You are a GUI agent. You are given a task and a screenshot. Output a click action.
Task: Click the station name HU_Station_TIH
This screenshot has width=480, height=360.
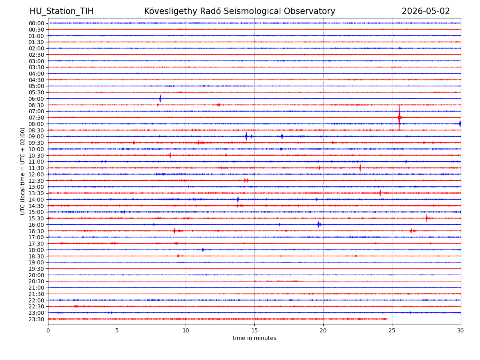pos(62,11)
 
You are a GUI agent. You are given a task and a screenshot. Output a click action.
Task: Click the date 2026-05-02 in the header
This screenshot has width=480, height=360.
pos(426,11)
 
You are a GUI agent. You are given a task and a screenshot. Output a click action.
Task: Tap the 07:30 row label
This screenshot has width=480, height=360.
pos(36,118)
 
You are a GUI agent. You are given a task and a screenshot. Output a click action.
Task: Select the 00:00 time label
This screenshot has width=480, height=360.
pos(36,23)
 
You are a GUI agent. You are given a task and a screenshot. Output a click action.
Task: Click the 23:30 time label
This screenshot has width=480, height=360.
pos(36,319)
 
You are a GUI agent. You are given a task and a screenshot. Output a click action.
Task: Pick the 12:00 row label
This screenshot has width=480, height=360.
pos(36,174)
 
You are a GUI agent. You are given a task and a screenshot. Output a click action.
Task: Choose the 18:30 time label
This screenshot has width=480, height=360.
pos(36,256)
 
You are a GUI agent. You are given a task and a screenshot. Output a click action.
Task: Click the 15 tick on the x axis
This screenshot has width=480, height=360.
pos(254,330)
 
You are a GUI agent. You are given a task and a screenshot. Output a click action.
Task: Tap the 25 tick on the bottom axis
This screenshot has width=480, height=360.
pos(392,330)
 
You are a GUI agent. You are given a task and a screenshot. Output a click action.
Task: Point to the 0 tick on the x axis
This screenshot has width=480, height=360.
pos(48,330)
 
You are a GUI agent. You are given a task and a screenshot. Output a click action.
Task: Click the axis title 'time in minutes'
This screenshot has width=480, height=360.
pos(254,338)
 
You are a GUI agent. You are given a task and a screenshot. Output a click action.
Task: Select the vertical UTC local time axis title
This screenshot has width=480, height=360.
pos(22,171)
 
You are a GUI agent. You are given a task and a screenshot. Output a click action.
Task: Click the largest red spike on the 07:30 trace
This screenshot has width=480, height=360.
pos(399,117)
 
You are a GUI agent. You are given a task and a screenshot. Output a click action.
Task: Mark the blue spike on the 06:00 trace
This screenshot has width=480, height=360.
pos(160,98)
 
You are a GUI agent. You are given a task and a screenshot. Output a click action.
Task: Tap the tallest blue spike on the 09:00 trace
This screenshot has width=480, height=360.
pos(246,136)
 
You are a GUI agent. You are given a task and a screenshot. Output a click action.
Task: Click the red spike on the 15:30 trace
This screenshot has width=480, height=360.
pos(427,218)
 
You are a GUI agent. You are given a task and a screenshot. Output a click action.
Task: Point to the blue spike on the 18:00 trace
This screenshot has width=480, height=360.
pos(203,250)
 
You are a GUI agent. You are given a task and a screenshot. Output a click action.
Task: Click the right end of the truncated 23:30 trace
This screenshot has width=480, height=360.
pos(388,319)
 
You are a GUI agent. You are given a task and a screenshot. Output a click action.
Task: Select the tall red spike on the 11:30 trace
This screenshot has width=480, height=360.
pos(360,168)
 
